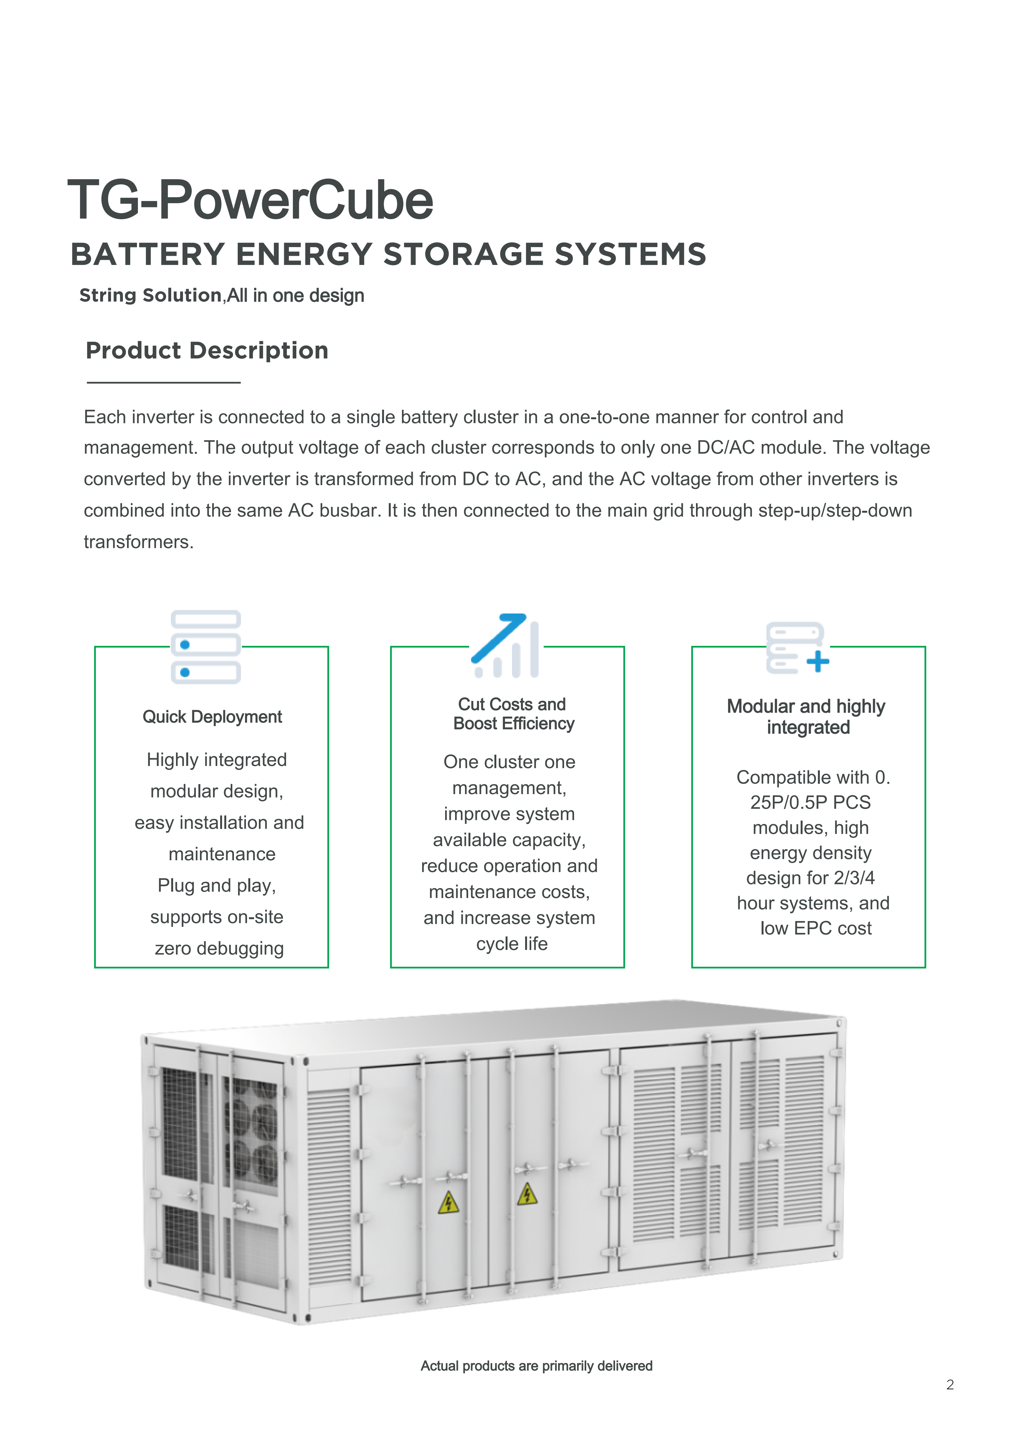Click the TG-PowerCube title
coord(250,200)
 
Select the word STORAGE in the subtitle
coord(463,255)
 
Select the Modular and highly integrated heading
coord(806,717)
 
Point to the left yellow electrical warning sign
coord(449,1203)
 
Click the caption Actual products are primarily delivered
coord(536,1366)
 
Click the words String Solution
coord(150,295)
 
